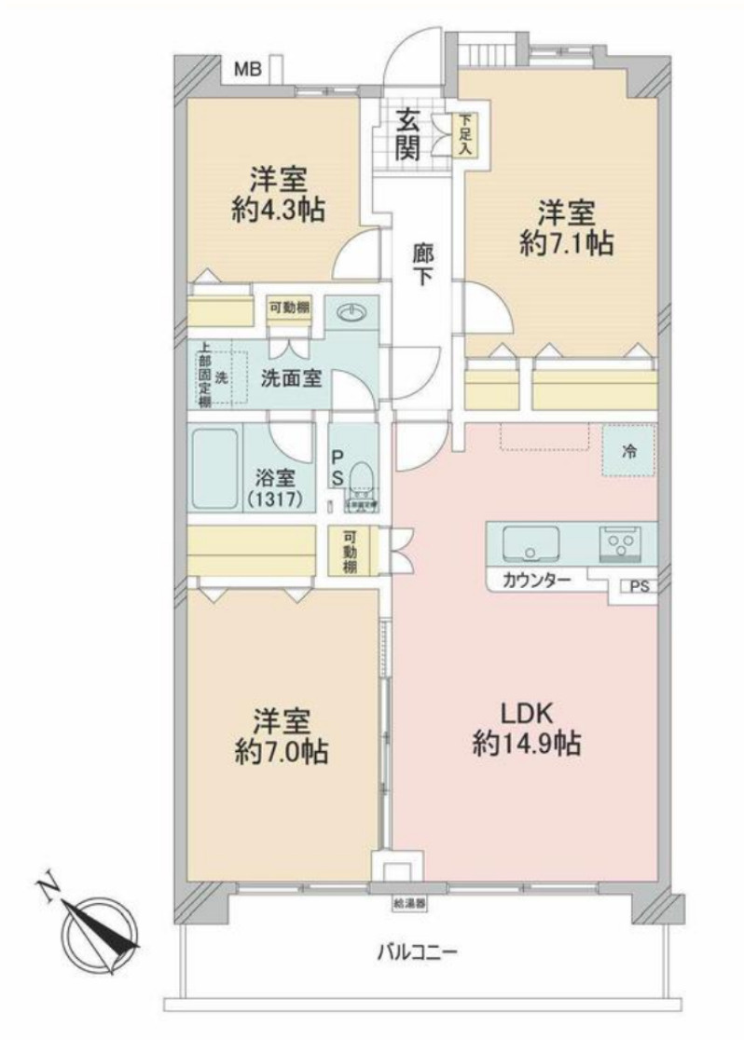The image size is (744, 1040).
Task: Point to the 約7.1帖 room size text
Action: coord(566,243)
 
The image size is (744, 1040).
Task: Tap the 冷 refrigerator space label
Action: coord(630,451)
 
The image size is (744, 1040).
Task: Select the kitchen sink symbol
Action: coord(530,542)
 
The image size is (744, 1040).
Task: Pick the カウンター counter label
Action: coord(539,580)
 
